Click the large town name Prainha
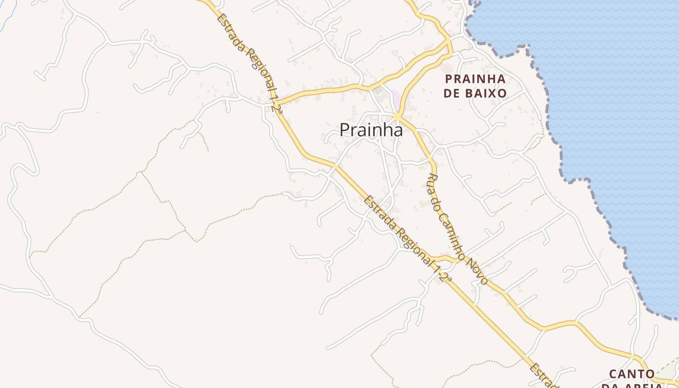coord(371,130)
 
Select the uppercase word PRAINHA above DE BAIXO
coord(475,79)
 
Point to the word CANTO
coord(632,374)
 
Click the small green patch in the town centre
coord(378,91)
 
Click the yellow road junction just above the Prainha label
coord(397,116)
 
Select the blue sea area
coord(606,97)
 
